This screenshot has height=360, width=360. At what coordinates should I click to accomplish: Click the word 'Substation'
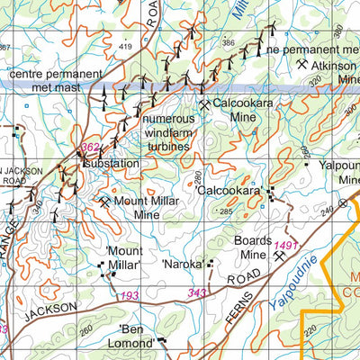(x=112, y=164)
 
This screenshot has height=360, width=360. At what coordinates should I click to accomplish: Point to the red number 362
(x=91, y=147)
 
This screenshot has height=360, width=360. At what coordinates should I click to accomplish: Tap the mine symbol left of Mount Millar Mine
(x=105, y=202)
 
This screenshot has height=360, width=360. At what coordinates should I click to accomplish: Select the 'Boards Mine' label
(x=252, y=247)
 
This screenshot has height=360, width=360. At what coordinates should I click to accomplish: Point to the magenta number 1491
(x=287, y=245)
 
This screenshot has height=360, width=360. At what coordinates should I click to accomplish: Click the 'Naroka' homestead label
(x=182, y=265)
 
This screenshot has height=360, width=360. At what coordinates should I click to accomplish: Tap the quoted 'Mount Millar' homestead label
(x=122, y=258)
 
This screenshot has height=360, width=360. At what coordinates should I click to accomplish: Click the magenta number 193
(x=130, y=295)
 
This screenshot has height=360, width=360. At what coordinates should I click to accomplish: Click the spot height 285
(x=225, y=211)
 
